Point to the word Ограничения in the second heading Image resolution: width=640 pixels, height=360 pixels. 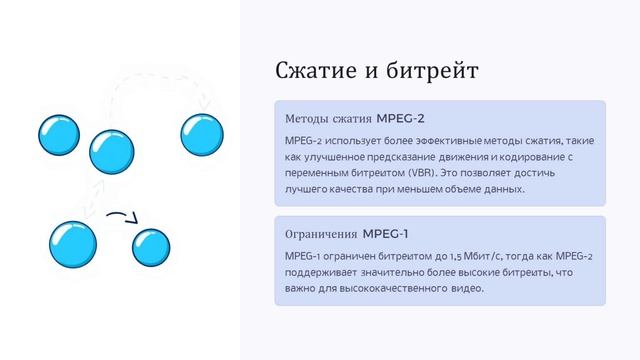click(321, 234)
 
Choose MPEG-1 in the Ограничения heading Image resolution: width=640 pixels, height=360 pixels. click(386, 234)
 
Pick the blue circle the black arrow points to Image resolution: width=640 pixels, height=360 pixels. click(151, 248)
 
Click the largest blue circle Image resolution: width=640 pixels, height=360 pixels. click(73, 242)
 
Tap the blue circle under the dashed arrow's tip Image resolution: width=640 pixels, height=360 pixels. click(201, 135)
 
